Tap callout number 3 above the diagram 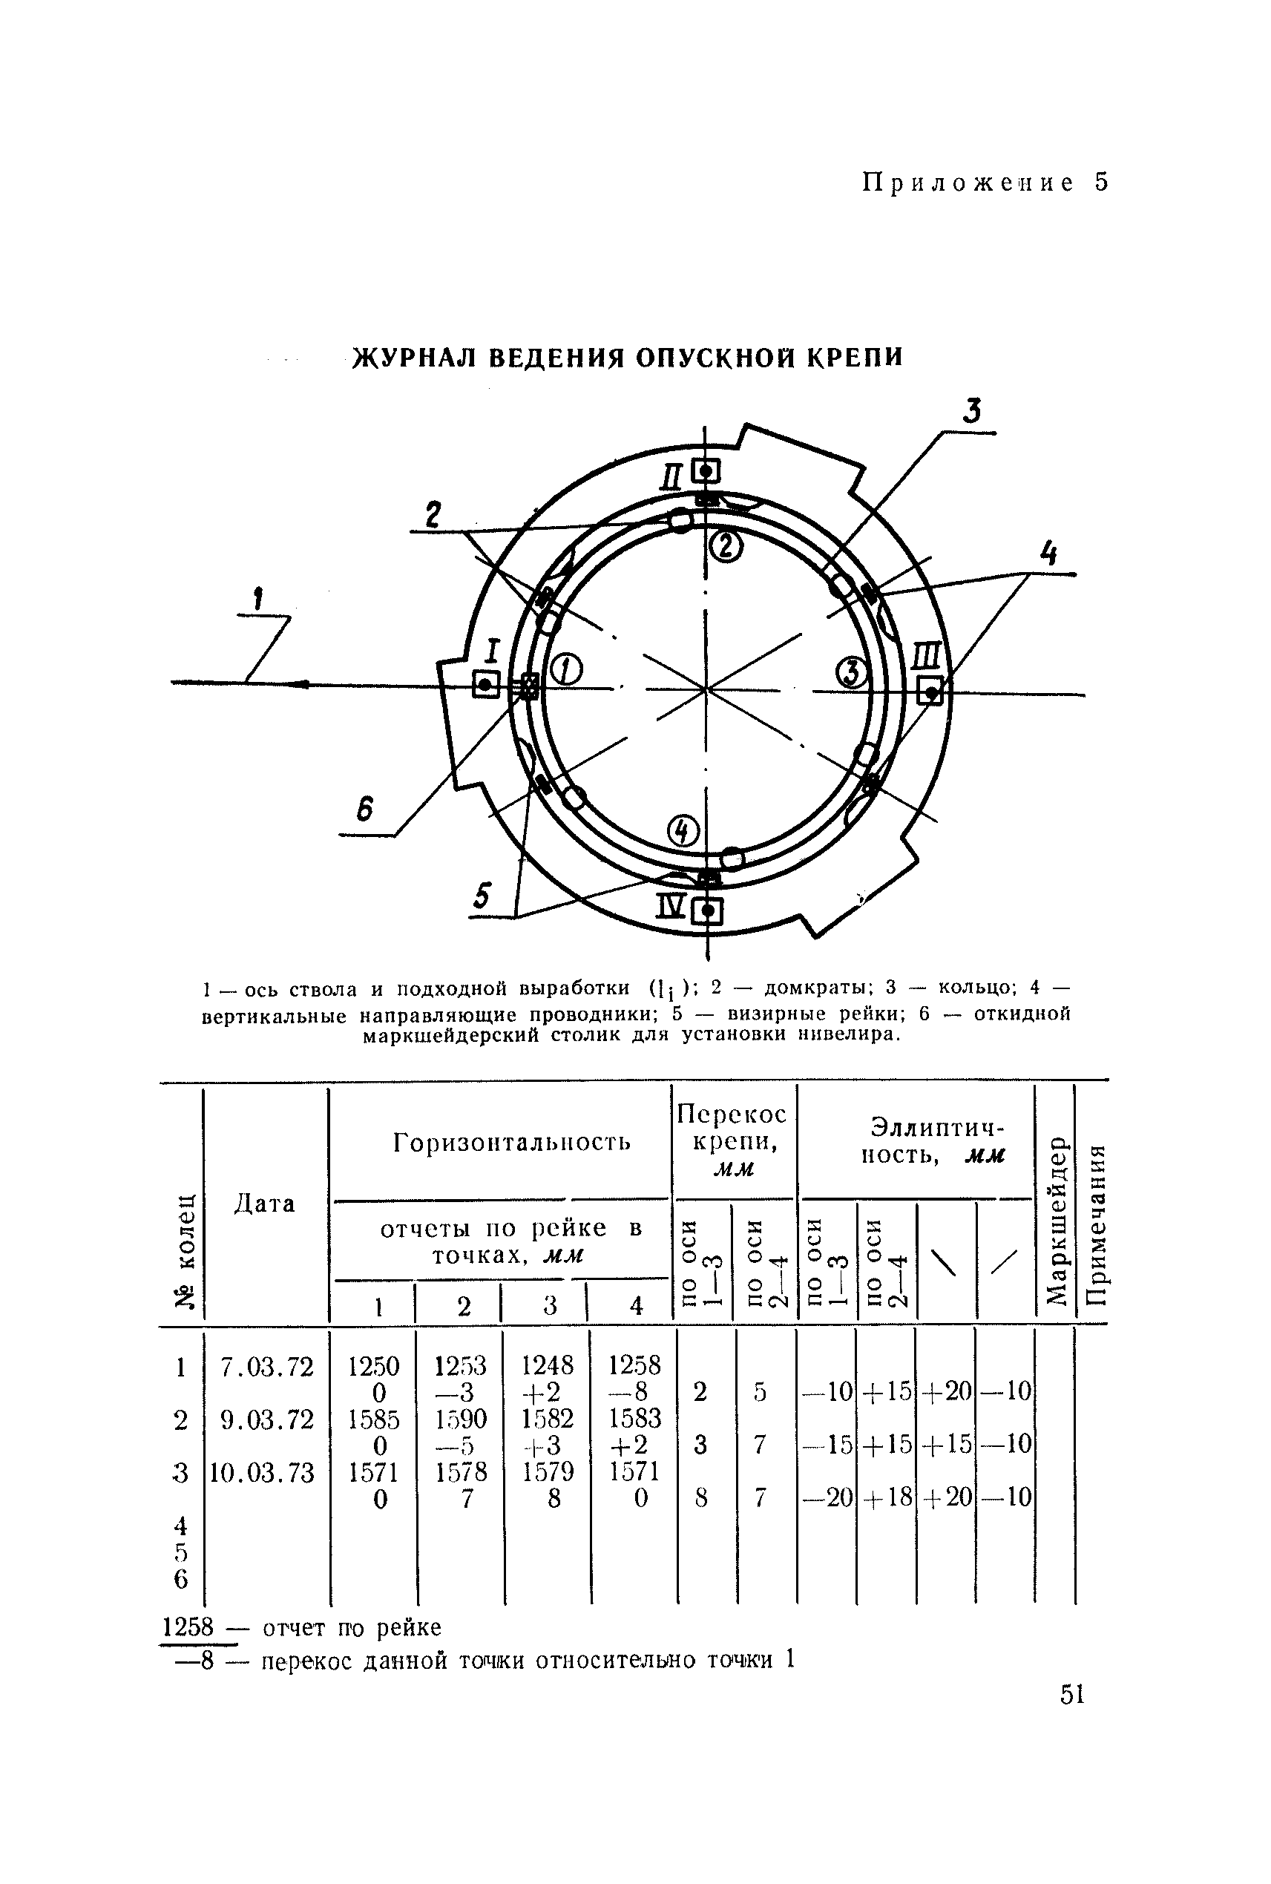[x=972, y=412]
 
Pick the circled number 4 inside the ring [x=683, y=830]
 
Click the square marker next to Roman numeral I [x=485, y=685]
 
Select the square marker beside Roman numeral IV [x=709, y=912]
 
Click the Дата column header [x=264, y=1203]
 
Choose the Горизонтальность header [x=511, y=1142]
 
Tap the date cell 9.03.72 [x=268, y=1419]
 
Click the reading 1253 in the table [x=461, y=1367]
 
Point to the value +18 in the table [x=886, y=1497]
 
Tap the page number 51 [x=1072, y=1693]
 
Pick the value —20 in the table [x=827, y=1497]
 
